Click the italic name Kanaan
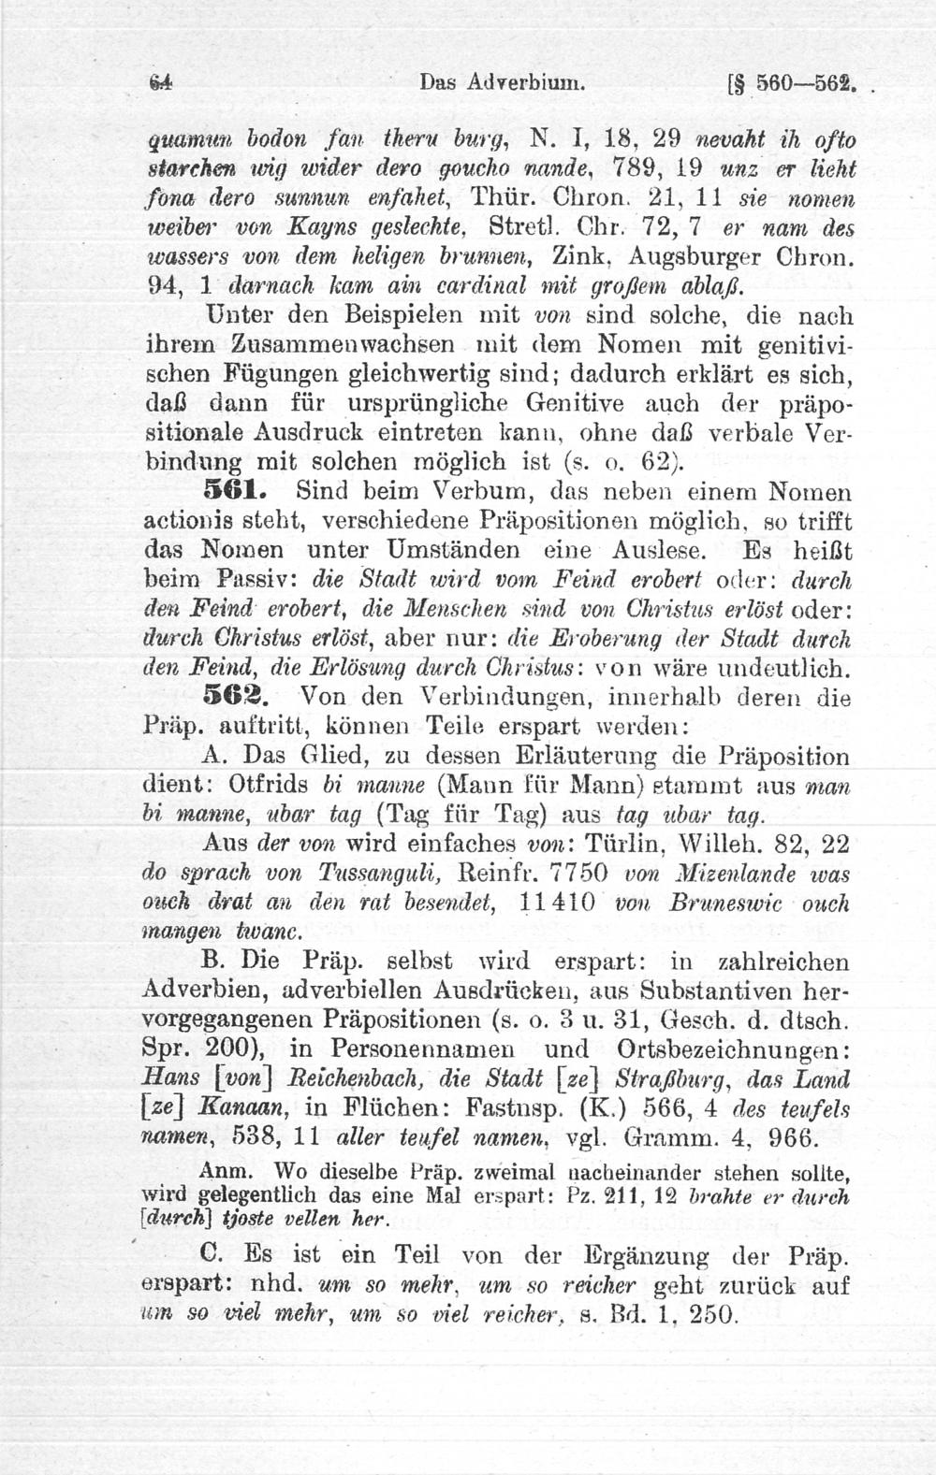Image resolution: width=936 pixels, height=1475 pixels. [x=253, y=1108]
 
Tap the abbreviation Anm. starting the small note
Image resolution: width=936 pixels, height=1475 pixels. [x=220, y=1172]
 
